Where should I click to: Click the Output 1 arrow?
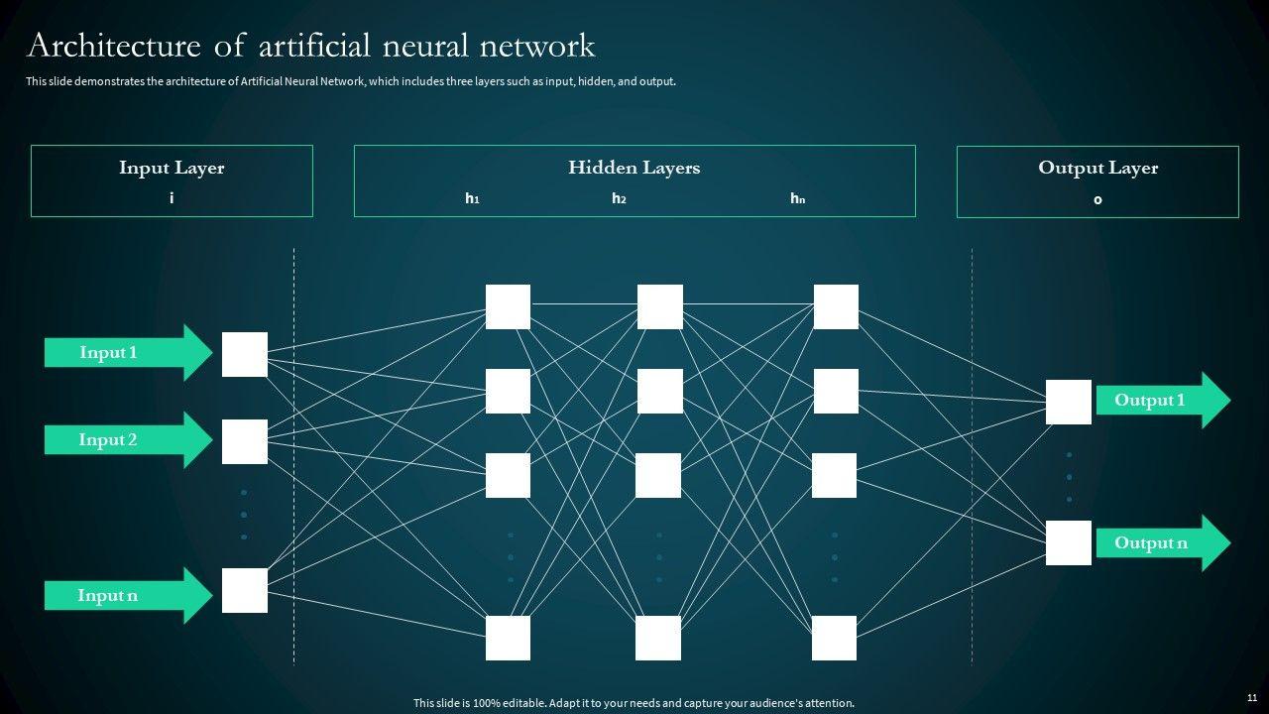coord(1160,401)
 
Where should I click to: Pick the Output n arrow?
coord(1160,542)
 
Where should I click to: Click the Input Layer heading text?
coord(172,168)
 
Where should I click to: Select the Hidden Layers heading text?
coord(634,168)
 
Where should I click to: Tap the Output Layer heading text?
coord(1097,168)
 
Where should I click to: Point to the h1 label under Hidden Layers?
coord(472,198)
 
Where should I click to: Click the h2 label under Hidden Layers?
coord(619,198)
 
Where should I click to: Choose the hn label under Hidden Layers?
coord(797,198)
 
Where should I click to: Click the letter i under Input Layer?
coord(172,198)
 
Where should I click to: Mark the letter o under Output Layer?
coord(1097,199)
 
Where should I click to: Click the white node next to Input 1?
coord(245,354)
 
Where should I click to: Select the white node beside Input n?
coord(245,590)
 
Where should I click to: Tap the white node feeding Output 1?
coord(1069,402)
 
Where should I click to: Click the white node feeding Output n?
coord(1069,542)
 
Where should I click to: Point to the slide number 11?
coord(1252,698)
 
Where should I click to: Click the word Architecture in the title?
coord(110,46)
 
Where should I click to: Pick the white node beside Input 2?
coord(245,441)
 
